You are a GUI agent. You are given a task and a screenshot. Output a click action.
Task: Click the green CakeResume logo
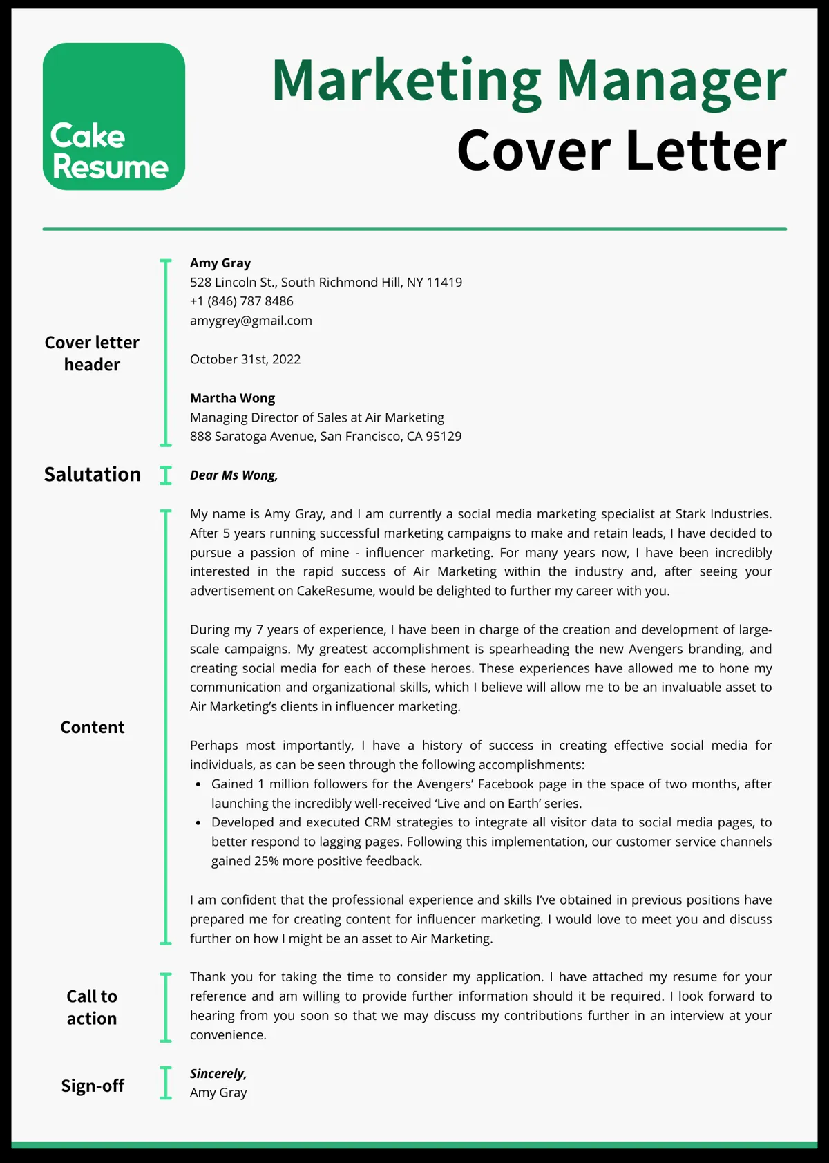point(114,117)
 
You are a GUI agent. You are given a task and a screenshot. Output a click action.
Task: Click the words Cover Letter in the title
point(621,151)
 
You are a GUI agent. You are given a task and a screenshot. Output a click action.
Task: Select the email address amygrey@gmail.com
point(251,321)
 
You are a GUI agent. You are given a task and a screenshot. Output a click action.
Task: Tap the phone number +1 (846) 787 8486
point(242,301)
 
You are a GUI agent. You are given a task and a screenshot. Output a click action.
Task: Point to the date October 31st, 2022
point(245,359)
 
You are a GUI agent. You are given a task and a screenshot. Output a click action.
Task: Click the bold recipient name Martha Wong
point(232,398)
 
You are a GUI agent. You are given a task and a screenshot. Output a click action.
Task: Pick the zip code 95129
point(444,437)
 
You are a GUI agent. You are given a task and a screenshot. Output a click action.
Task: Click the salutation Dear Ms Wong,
point(234,475)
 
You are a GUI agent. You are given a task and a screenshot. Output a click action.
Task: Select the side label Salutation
point(92,475)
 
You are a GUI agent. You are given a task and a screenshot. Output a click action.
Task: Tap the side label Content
point(92,728)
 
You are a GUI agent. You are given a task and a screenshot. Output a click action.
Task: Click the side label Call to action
point(92,1008)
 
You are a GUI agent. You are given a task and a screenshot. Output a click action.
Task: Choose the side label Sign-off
point(92,1086)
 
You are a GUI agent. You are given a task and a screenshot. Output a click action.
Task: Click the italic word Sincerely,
point(218,1074)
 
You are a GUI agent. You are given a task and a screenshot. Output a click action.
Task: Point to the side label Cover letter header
point(92,353)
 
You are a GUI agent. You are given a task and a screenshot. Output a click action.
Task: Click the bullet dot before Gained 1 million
point(198,785)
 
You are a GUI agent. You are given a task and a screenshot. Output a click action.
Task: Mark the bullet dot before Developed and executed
point(198,823)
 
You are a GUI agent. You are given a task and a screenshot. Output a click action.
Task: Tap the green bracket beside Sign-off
point(166,1083)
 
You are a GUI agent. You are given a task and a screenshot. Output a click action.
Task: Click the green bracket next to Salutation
point(166,475)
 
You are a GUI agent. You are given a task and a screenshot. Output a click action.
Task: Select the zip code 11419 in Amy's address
point(444,283)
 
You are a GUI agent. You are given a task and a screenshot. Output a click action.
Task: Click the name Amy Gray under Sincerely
point(218,1093)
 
